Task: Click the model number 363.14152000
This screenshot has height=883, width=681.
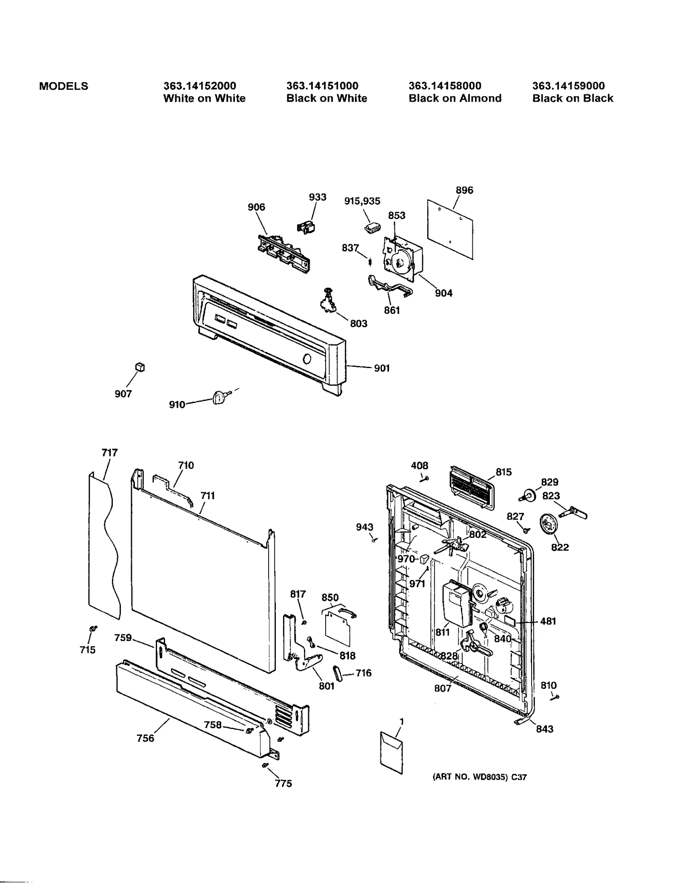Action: tap(199, 86)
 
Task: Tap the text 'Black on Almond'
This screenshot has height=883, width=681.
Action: tap(455, 98)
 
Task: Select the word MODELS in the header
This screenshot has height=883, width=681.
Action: tap(63, 86)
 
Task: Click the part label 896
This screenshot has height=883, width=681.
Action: tap(464, 190)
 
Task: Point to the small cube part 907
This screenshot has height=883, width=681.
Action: tap(140, 366)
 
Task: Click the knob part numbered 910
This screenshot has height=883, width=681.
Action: tap(218, 398)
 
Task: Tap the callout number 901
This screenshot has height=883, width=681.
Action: tap(382, 368)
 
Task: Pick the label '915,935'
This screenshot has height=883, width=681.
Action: tap(362, 201)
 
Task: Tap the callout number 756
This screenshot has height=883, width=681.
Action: tap(145, 738)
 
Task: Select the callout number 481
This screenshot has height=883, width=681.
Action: tap(548, 621)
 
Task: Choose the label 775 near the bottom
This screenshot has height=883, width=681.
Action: tap(283, 783)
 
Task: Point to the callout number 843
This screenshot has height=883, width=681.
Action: tap(544, 729)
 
